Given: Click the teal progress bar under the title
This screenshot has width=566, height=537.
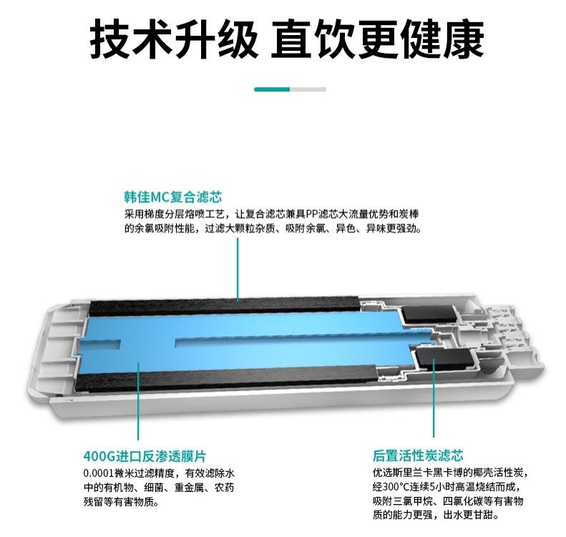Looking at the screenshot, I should [x=273, y=89].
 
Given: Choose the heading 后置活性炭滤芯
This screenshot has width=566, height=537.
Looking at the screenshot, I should [x=418, y=455].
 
